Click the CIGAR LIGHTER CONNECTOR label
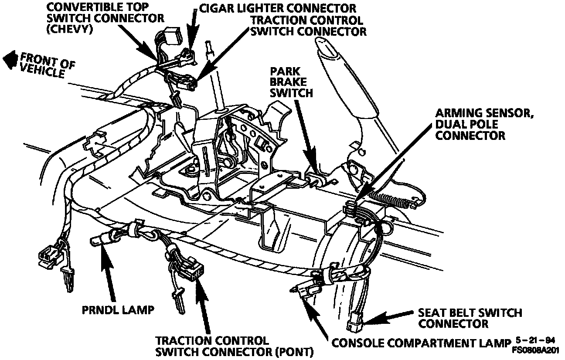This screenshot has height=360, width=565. pyautogui.click(x=277, y=8)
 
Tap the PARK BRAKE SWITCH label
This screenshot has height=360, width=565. pyautogui.click(x=291, y=82)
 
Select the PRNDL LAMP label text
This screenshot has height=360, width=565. pyautogui.click(x=118, y=310)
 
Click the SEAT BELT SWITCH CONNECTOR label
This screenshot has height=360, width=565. pyautogui.click(x=470, y=318)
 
